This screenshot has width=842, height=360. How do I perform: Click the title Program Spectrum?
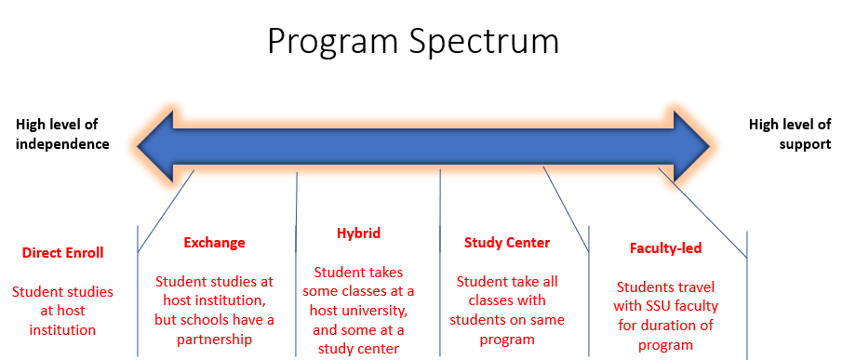click(x=413, y=42)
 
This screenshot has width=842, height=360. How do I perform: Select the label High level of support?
click(x=790, y=134)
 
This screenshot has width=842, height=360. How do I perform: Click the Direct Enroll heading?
click(x=62, y=252)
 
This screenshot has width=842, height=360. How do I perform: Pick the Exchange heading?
click(x=214, y=243)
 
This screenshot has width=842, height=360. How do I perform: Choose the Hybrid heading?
click(x=358, y=233)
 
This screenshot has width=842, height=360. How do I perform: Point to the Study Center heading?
click(x=507, y=243)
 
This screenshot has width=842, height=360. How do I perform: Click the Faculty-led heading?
click(x=665, y=248)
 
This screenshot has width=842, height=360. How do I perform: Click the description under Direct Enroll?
click(x=62, y=310)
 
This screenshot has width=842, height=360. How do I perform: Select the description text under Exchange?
click(x=214, y=310)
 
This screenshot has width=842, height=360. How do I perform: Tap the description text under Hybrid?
click(x=358, y=310)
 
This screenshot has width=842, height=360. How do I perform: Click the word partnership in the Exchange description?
click(x=214, y=339)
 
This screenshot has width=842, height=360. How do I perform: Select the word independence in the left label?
click(x=62, y=144)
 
